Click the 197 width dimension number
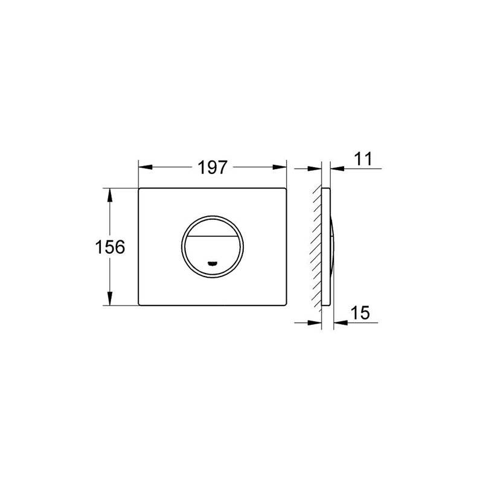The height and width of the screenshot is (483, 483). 213,168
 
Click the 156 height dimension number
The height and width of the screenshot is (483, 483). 110,247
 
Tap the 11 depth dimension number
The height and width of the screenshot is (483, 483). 363,159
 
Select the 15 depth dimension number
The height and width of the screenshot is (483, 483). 360,313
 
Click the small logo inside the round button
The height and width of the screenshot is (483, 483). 213,263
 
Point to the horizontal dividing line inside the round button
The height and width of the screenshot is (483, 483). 213,236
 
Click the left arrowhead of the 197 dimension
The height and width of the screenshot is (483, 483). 146,167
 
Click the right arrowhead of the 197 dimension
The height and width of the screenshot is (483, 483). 280,167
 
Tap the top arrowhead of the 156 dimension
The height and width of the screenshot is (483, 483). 109,195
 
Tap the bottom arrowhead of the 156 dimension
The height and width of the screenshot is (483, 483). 109,298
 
